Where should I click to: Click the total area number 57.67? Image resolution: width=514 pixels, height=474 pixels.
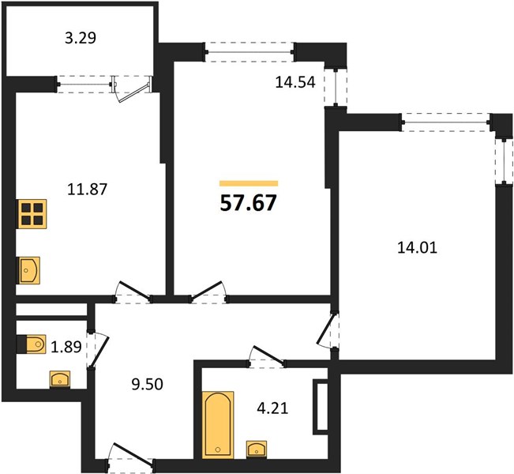pos(249,203)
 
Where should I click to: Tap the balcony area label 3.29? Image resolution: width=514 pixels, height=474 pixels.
pos(81,38)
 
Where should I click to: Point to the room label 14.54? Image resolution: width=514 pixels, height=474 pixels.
pos(295,82)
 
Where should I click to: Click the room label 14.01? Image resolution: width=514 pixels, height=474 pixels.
pos(418,247)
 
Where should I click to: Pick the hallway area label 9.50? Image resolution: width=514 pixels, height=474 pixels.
pos(147,384)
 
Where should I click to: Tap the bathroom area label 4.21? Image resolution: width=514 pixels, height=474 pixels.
pos(272,408)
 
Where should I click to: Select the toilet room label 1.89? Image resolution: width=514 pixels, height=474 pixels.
pos(66,346)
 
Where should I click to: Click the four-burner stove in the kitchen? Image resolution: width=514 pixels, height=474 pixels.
pos(32,214)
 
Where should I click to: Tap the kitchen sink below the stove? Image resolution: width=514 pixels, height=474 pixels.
pos(28,270)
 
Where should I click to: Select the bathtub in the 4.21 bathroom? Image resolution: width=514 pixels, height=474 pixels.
pos(218,424)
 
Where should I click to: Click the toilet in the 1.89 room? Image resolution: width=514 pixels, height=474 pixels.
pos(31,344)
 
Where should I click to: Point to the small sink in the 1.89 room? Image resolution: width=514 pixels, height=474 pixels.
pos(60,380)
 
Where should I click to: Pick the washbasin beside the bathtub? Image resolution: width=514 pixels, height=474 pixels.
pos(257,450)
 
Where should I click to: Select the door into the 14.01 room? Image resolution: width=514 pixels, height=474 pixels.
pos(328,331)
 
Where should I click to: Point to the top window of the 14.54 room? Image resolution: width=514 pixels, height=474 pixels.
pos(249,52)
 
